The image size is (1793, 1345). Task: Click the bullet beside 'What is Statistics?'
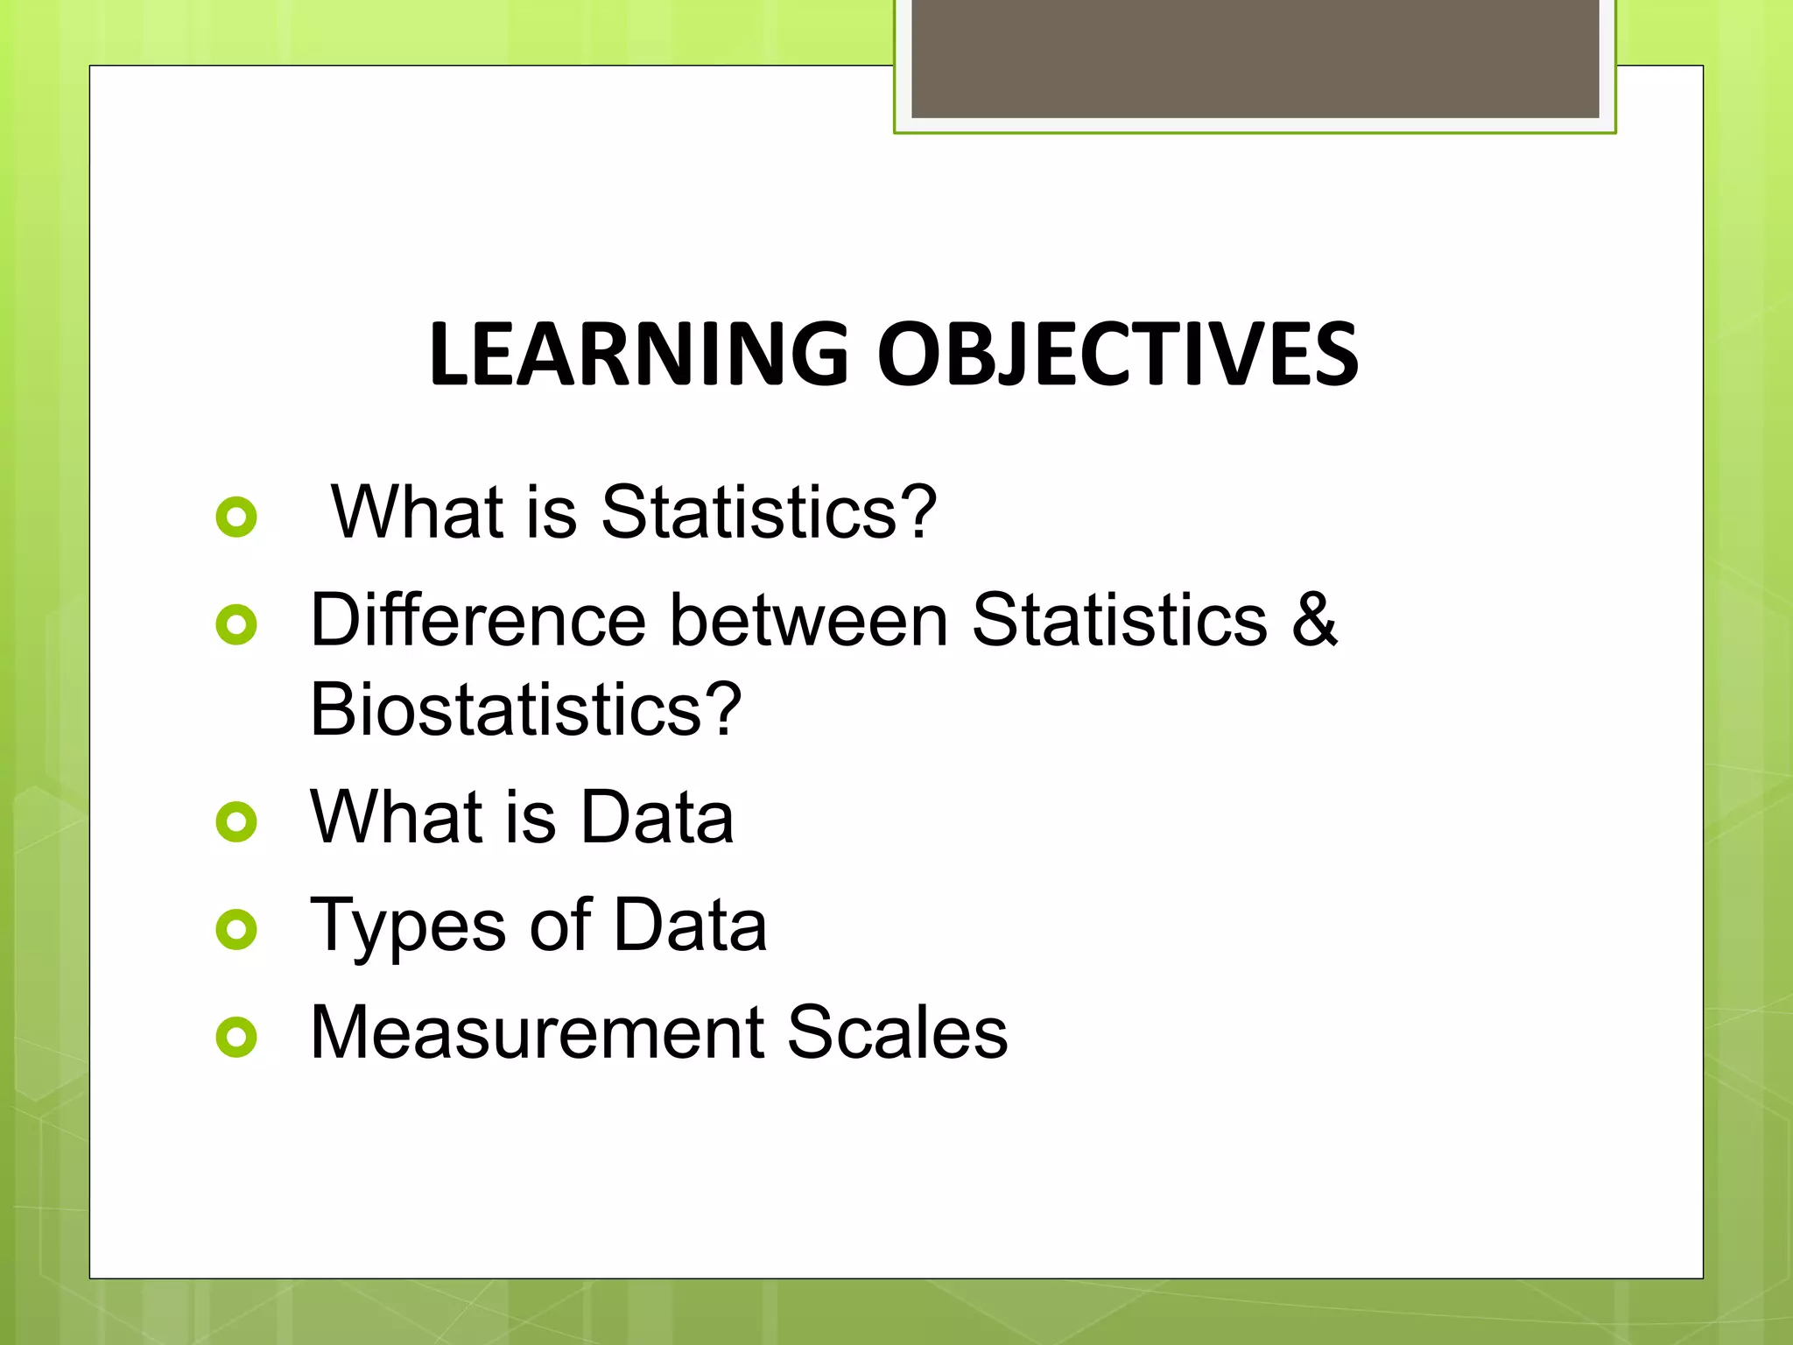click(236, 517)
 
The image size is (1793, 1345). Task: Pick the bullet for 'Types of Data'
click(236, 929)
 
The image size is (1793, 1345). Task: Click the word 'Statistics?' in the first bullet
click(769, 512)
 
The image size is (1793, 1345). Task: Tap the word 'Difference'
click(478, 620)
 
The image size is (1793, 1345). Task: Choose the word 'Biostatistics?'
click(525, 709)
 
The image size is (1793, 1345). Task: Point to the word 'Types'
click(408, 926)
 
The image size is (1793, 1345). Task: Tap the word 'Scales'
click(896, 1032)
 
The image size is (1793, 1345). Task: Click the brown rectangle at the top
click(1255, 58)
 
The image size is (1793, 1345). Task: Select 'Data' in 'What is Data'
click(657, 817)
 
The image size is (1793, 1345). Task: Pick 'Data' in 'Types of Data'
click(690, 925)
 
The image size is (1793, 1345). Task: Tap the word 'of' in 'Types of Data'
click(560, 925)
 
